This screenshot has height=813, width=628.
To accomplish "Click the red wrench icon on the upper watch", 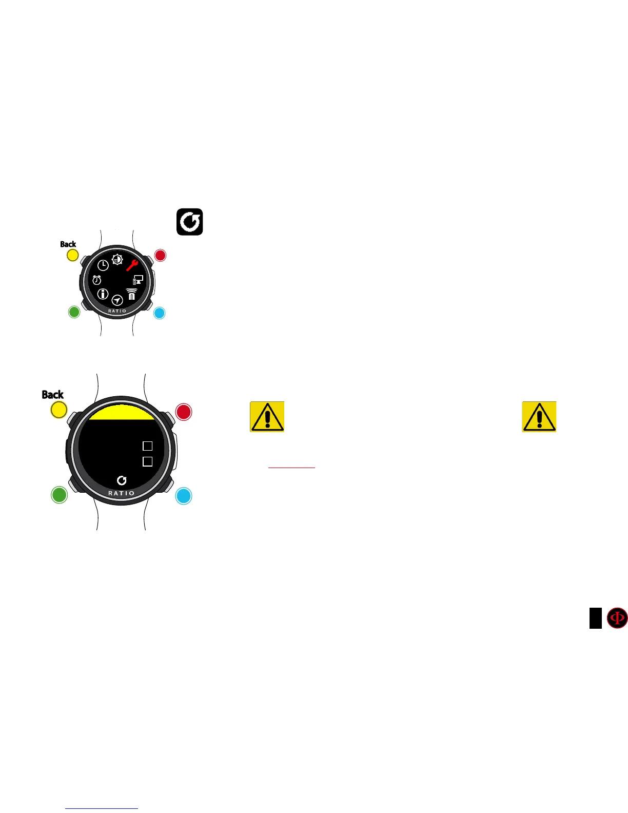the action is click(132, 265).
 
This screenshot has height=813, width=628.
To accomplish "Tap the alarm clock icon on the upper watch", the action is click(97, 280).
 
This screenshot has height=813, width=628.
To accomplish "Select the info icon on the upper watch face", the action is click(103, 294).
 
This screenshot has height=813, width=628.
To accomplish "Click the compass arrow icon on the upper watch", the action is click(117, 300).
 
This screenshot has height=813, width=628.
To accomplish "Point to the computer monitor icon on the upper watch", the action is click(138, 280).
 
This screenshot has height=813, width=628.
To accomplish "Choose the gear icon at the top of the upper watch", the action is click(117, 260).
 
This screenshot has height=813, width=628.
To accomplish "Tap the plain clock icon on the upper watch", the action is click(103, 265).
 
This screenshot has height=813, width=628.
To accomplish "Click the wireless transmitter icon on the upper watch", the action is click(132, 294).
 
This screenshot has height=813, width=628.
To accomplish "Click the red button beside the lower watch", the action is click(184, 412).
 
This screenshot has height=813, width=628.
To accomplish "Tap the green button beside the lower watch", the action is click(60, 495).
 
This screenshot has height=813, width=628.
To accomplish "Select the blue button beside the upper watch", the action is click(160, 313).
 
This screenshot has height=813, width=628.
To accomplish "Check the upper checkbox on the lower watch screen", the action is click(148, 446).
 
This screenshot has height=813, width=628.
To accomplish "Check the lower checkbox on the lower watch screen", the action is click(148, 461).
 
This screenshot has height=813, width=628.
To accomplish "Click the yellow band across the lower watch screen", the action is click(122, 413).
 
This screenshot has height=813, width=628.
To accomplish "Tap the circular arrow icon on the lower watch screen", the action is click(122, 480).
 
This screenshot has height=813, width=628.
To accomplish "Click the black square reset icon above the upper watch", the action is click(190, 222).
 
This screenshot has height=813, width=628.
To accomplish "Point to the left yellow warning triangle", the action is click(267, 416).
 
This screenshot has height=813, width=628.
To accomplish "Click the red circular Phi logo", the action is click(617, 618).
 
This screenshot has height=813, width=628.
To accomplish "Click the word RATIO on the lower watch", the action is click(122, 493).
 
